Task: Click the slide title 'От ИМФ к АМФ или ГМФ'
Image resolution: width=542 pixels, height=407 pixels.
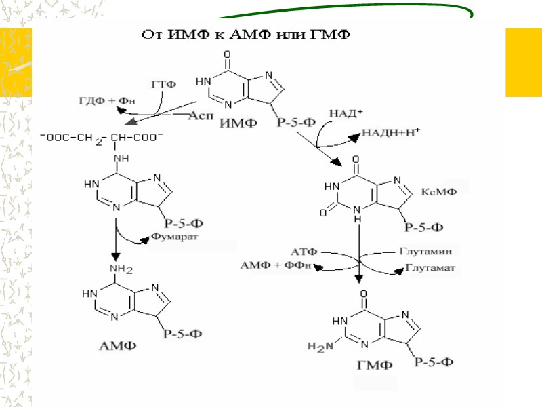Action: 245,35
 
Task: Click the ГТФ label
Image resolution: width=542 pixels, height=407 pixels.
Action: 164,85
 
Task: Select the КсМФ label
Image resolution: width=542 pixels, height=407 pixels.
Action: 440,192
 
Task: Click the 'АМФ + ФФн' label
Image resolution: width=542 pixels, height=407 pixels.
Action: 276,265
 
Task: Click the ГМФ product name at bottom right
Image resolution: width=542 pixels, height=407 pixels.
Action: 374,366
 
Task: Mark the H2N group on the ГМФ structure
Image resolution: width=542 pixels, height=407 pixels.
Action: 320,347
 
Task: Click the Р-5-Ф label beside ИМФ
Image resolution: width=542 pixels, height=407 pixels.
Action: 295,123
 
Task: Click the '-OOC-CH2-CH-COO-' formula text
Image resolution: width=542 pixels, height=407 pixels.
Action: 101,137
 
